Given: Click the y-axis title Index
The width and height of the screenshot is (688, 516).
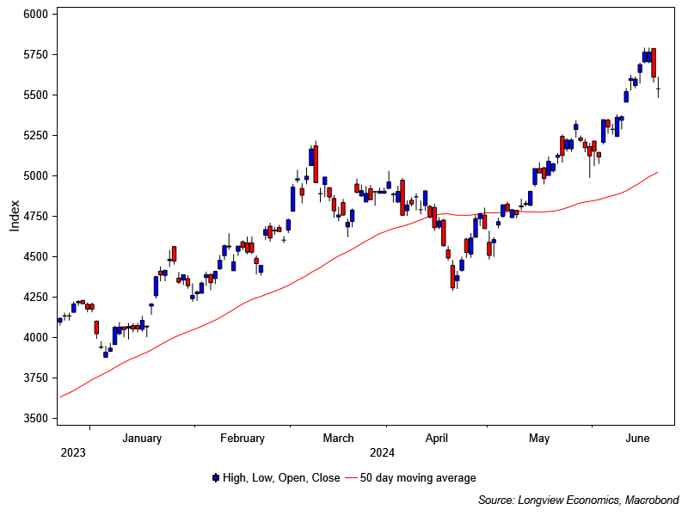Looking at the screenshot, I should (15, 216).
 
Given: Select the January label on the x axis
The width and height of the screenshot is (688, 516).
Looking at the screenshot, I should (142, 439).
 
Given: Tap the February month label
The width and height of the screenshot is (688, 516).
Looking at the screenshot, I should (243, 439).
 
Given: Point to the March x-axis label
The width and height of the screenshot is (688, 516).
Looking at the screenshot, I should (338, 439).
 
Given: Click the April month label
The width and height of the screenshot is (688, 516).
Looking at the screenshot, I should (437, 439).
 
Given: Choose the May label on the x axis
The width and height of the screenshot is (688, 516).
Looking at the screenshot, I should (539, 439).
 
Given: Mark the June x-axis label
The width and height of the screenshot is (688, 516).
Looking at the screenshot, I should (636, 439).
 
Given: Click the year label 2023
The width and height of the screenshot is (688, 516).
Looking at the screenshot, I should (72, 452).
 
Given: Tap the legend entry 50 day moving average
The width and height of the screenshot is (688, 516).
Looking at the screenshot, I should (417, 478).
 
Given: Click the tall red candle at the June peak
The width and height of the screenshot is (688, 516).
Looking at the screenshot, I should (654, 63).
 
